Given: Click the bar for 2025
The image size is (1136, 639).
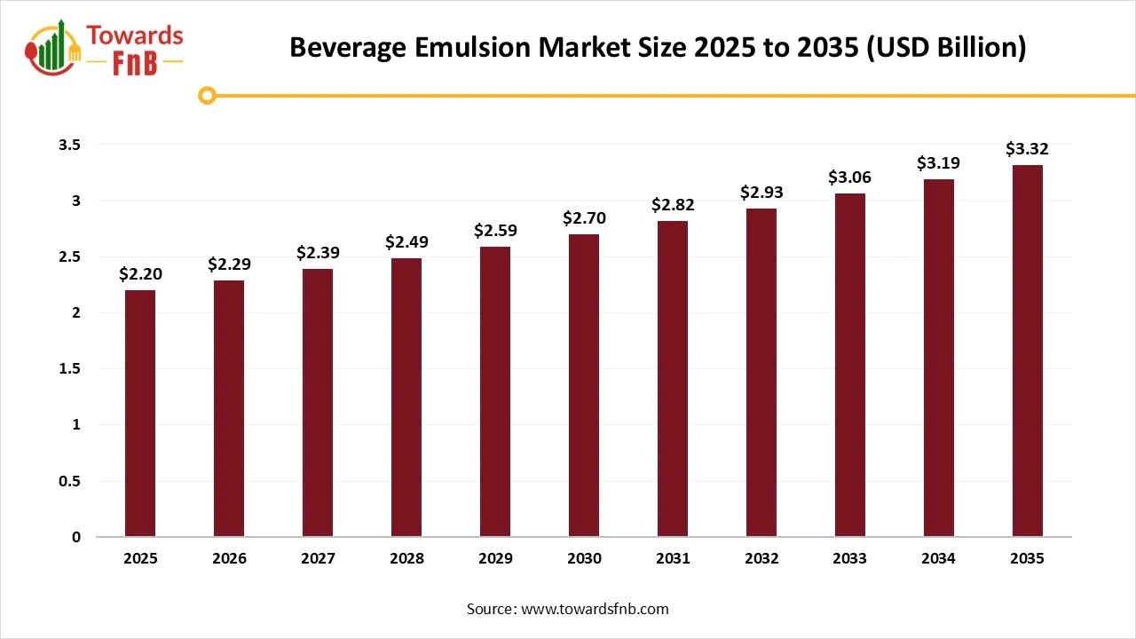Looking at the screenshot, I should click(x=140, y=414).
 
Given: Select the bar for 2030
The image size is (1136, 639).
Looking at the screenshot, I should click(x=584, y=385).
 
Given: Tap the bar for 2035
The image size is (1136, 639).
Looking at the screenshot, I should click(x=1028, y=351).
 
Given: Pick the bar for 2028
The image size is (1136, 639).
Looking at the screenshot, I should click(x=406, y=398).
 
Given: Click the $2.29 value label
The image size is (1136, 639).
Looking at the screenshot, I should click(x=229, y=264).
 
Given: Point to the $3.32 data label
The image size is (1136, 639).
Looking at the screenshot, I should click(x=1027, y=149).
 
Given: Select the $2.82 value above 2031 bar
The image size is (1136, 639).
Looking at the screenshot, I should click(x=673, y=205).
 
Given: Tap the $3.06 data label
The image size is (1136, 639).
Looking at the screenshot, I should click(x=850, y=177).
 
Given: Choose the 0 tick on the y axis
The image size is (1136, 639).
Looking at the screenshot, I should click(x=76, y=537).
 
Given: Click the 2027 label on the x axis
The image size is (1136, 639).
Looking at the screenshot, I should click(x=318, y=559).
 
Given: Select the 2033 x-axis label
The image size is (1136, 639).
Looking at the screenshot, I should click(x=850, y=559).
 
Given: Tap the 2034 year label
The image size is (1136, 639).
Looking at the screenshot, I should click(x=939, y=559).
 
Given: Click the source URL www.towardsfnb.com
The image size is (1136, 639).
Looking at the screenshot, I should click(x=594, y=609).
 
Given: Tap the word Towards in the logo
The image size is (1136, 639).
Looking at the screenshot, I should click(x=135, y=36).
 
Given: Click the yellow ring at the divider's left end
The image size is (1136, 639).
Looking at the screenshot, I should click(x=207, y=95).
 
